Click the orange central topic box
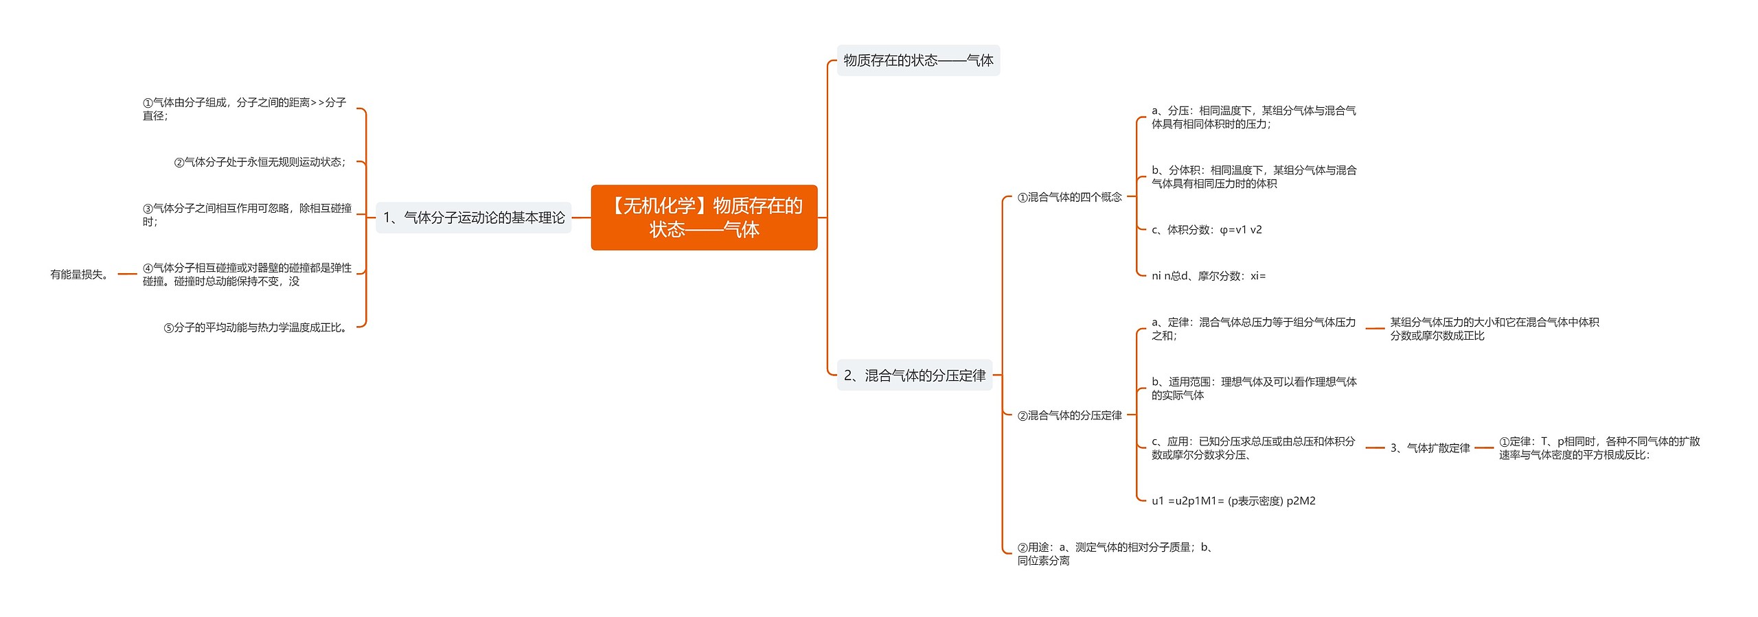tap(704, 218)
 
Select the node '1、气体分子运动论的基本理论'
tap(473, 218)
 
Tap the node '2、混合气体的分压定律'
tap(914, 375)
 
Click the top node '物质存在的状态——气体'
tap(918, 60)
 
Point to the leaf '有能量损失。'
tap(80, 275)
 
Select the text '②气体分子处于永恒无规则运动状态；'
tap(261, 163)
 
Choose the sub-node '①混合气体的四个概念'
tap(1069, 198)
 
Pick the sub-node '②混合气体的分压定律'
tap(1069, 416)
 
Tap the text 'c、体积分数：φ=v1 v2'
tap(1207, 230)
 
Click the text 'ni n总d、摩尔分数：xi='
tap(1208, 276)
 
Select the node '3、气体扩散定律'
tap(1430, 448)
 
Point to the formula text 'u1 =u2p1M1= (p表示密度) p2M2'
tap(1233, 501)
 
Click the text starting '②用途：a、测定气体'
tap(1115, 554)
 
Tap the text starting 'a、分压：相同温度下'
tap(1253, 117)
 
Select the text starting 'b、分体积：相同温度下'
tap(1253, 177)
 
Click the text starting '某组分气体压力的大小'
tap(1494, 329)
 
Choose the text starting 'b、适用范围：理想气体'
tap(1253, 388)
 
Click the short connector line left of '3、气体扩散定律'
tap(1375, 448)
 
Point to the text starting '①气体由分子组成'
tap(244, 109)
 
